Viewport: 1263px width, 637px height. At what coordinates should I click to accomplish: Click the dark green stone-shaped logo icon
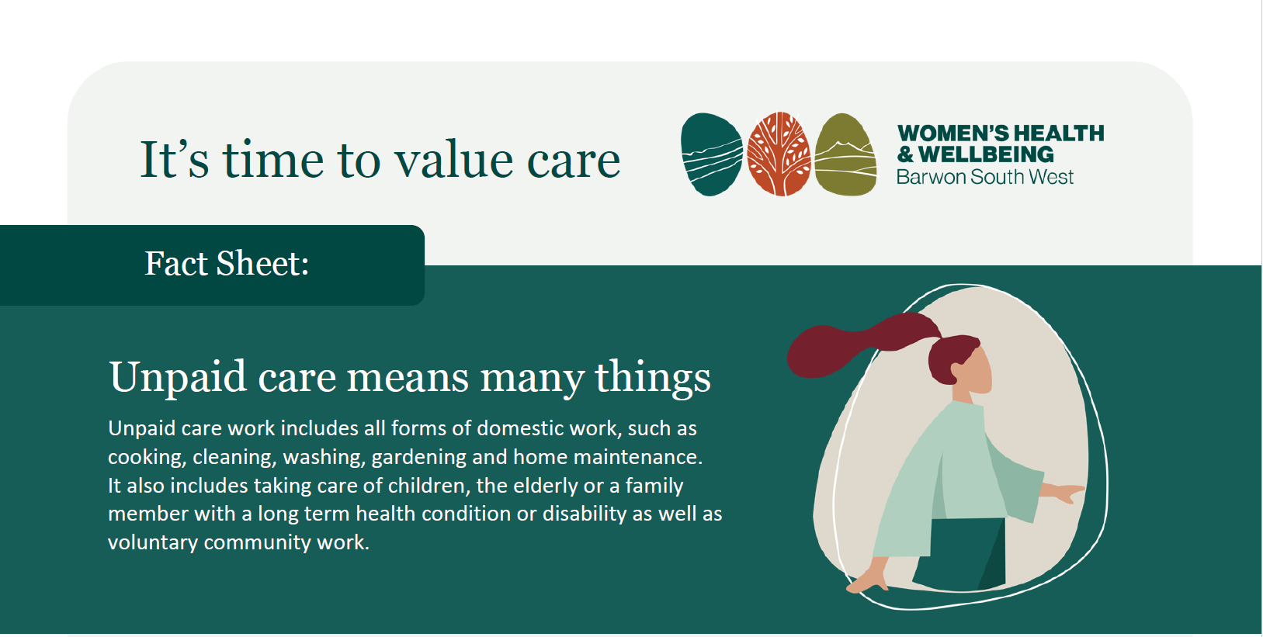[x=712, y=154]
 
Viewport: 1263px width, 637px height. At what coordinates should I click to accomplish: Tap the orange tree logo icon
[x=779, y=154]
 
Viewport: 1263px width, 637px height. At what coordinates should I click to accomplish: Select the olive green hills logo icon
[x=846, y=154]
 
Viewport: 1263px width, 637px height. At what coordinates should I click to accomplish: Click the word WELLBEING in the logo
[x=986, y=154]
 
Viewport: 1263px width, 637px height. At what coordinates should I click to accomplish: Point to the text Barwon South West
[x=985, y=177]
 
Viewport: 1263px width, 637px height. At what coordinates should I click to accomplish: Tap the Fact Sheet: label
[x=227, y=263]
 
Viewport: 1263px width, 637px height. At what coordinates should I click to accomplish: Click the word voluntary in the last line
[x=153, y=542]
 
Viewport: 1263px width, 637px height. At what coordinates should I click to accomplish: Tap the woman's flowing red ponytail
[x=862, y=343]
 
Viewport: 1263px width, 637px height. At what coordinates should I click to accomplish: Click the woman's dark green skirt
[x=959, y=554]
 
